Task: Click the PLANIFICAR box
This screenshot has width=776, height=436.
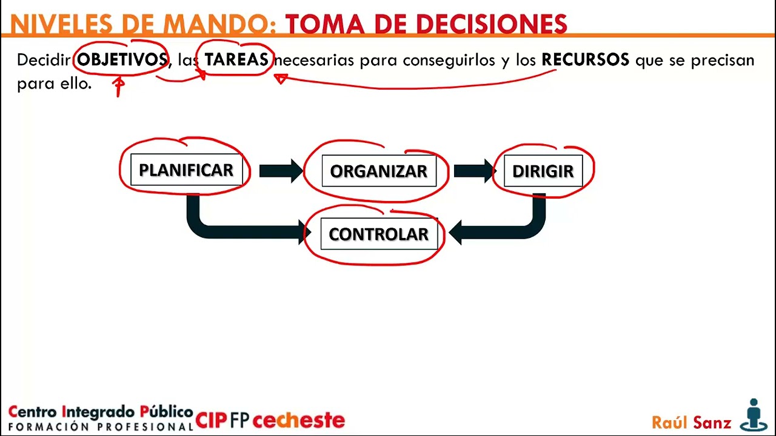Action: [x=186, y=170]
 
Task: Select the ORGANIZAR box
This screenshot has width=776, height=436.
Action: [x=378, y=171]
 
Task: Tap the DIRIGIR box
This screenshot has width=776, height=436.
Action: [x=543, y=171]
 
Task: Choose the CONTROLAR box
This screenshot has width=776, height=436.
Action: [x=378, y=234]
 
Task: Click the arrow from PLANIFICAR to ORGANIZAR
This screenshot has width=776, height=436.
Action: [x=280, y=171]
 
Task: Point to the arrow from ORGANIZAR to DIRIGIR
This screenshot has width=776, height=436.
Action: [x=473, y=171]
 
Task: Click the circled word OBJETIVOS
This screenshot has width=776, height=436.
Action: [x=122, y=60]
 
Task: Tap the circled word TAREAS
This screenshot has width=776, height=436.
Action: [x=236, y=60]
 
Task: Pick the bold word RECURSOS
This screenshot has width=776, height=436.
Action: [x=585, y=60]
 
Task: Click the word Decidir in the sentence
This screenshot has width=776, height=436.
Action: [x=44, y=60]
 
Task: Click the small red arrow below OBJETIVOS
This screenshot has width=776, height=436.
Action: [x=119, y=86]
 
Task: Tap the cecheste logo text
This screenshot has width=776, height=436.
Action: [x=298, y=420]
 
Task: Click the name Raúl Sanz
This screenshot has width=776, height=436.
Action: [x=691, y=422]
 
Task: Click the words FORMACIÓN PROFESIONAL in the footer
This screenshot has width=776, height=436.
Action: [x=101, y=426]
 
